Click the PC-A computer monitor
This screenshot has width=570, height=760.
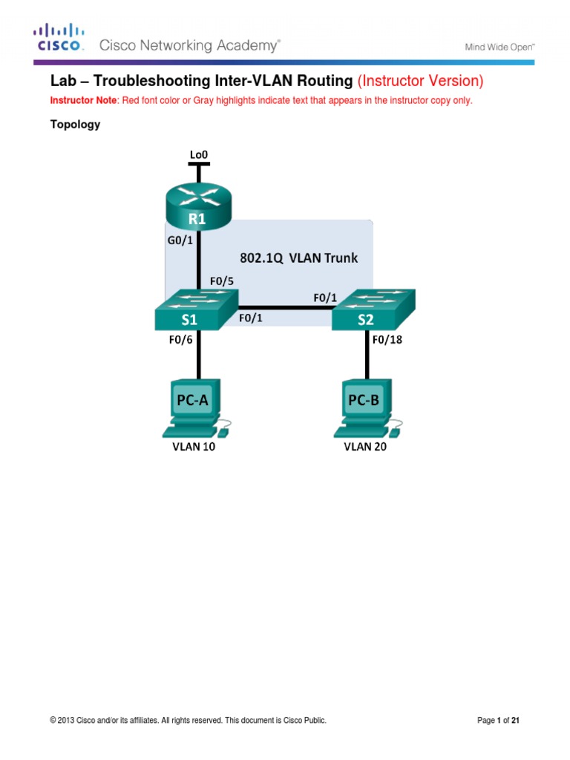click(x=191, y=401)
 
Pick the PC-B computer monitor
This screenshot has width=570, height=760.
click(x=364, y=401)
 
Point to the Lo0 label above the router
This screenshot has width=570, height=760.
click(x=199, y=154)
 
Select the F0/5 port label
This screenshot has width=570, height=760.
click(x=220, y=281)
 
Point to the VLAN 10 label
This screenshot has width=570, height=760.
click(x=194, y=447)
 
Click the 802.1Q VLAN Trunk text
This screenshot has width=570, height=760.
click(x=298, y=258)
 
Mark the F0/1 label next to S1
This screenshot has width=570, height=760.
click(x=251, y=318)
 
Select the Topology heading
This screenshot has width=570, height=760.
click(x=75, y=125)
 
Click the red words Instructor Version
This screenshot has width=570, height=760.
click(x=421, y=79)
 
